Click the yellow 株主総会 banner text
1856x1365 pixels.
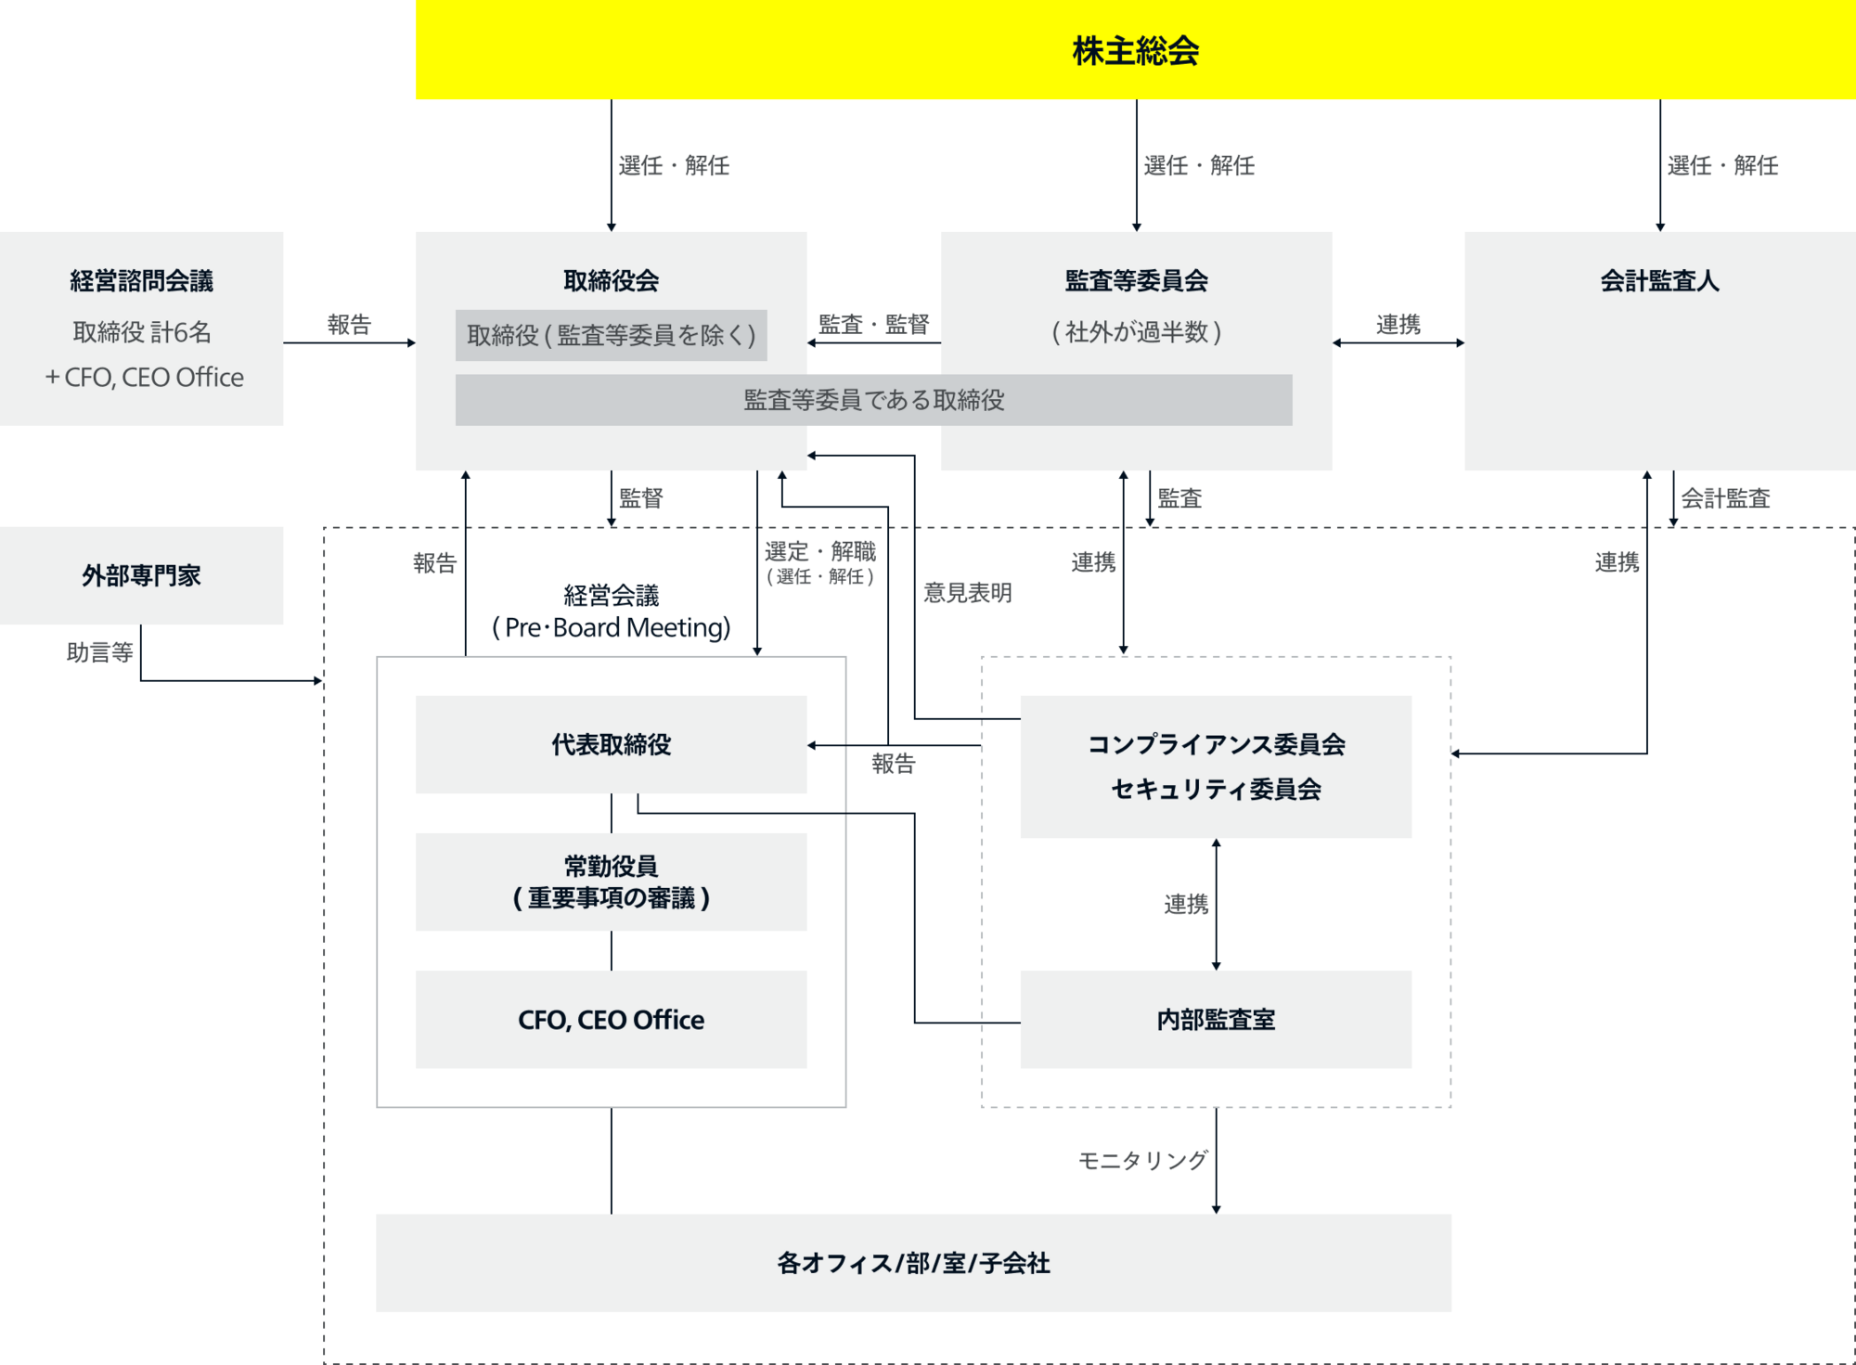(1135, 51)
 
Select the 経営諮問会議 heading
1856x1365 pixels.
(142, 281)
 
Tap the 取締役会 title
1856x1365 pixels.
(611, 281)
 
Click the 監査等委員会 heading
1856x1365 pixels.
(1136, 281)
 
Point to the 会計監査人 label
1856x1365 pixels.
(1659, 281)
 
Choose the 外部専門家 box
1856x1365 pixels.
(142, 576)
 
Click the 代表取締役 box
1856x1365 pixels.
(611, 744)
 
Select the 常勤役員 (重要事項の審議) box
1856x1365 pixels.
(611, 882)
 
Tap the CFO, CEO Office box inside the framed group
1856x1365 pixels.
(611, 1020)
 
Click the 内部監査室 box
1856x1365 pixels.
(1216, 1020)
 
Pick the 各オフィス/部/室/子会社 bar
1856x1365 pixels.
(913, 1263)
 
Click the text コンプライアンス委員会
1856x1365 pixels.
(1216, 744)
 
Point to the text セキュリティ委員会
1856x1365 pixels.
(1216, 790)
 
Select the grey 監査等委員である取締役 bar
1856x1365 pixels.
(873, 400)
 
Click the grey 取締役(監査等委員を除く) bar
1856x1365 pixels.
(611, 335)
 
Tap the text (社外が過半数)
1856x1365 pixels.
(1136, 332)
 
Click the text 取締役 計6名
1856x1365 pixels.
(142, 332)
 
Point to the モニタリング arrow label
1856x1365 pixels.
(1142, 1160)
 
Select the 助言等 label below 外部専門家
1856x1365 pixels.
(100, 652)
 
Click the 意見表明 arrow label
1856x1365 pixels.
(967, 592)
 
